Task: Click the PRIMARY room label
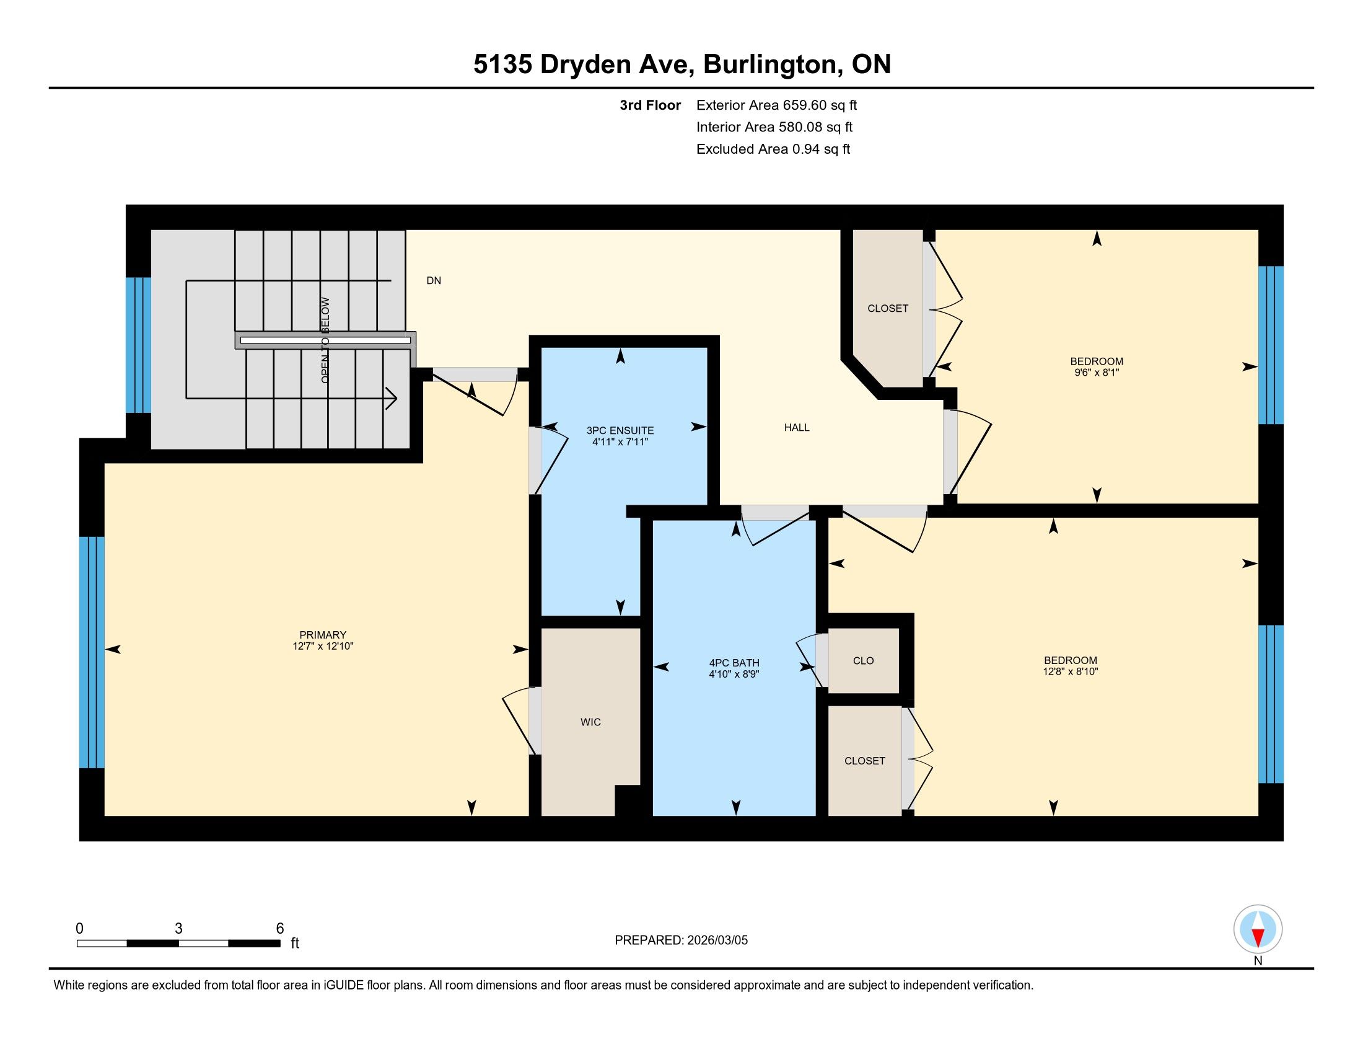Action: [x=323, y=635]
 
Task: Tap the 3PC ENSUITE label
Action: [x=620, y=430]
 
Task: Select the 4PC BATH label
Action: [x=734, y=663]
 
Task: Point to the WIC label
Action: [x=590, y=722]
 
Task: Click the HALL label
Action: [x=797, y=428]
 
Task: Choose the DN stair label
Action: [x=434, y=281]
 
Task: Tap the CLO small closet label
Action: [x=863, y=661]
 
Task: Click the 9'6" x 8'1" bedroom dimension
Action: [x=1097, y=373]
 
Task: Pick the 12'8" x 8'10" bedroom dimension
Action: [x=1071, y=672]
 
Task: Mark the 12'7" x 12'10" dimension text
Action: [x=323, y=646]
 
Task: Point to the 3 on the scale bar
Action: [x=178, y=929]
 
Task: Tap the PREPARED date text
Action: [x=681, y=941]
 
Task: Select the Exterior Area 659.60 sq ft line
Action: [x=776, y=105]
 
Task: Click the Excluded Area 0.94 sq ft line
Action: [x=773, y=149]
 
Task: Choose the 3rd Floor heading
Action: [x=650, y=105]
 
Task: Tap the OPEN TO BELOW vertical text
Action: [x=325, y=340]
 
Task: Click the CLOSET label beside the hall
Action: [x=887, y=309]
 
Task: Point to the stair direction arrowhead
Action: [x=393, y=398]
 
